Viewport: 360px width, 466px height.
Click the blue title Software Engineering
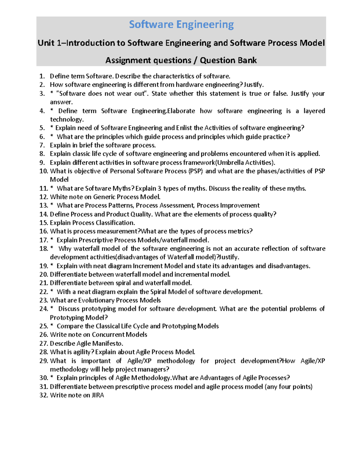coord(181,25)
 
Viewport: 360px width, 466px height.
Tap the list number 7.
coord(42,145)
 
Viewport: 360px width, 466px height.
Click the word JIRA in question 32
coord(97,395)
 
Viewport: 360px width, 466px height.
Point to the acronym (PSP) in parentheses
coord(195,171)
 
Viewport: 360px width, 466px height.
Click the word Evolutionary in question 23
coord(96,300)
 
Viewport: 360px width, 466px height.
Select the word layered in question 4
coord(314,111)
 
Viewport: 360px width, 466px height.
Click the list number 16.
coord(43,231)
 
